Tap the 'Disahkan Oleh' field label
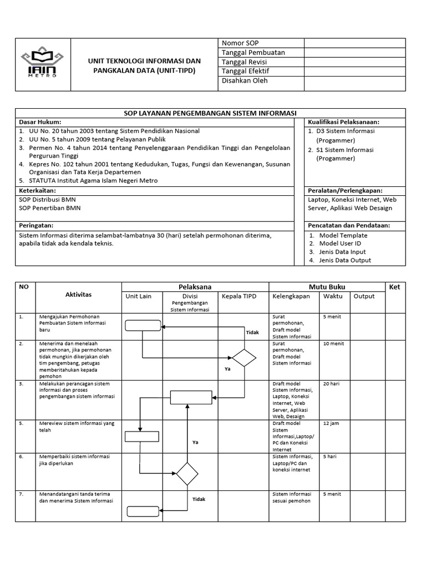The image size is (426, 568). (245, 80)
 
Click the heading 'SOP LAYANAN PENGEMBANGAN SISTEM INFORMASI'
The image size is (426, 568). (210, 113)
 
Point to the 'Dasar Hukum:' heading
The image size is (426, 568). (40, 121)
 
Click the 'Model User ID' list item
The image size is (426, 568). (340, 244)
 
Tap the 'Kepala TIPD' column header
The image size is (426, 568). (240, 296)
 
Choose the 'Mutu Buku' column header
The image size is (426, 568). (327, 287)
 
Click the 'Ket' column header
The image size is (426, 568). (394, 287)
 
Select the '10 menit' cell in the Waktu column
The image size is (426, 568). (333, 344)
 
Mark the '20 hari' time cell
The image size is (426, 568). (331, 384)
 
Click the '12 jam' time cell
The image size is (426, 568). (331, 424)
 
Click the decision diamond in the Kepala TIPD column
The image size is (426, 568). (244, 358)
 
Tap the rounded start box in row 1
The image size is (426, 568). (142, 326)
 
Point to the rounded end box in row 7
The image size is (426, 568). (143, 511)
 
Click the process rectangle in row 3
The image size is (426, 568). (191, 398)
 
